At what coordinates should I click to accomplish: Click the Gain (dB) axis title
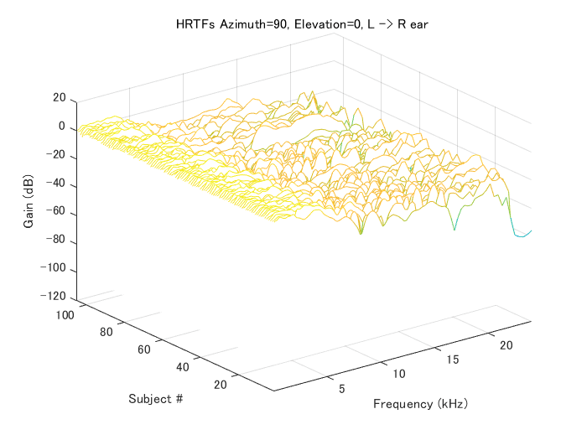(30, 198)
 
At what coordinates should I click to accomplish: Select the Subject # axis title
(156, 398)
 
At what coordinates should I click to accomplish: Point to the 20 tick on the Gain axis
(59, 98)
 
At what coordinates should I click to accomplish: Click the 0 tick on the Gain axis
(62, 127)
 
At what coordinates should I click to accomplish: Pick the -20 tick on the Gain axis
(56, 156)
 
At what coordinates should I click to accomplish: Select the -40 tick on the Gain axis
(56, 185)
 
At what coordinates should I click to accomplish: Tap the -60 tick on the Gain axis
(56, 214)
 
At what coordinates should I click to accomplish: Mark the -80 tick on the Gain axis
(56, 243)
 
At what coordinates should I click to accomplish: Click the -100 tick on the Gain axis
(54, 272)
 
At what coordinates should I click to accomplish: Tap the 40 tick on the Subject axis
(183, 366)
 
